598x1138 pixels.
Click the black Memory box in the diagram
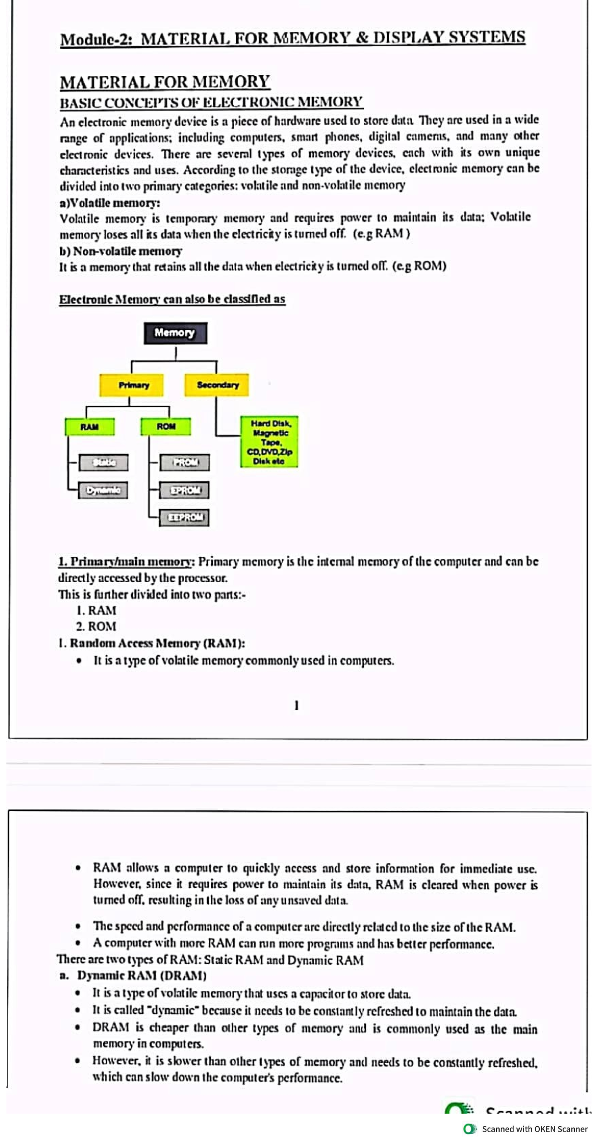175,333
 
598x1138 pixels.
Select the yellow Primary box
133,385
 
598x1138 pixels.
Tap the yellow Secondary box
217,385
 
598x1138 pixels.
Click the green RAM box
90,427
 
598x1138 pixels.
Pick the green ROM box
166,427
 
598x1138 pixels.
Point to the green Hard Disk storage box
269,442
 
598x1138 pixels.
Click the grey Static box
104,463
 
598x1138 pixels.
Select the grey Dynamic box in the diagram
103,490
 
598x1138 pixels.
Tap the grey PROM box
185,463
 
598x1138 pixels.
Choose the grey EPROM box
184,490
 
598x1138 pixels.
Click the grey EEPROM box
185,518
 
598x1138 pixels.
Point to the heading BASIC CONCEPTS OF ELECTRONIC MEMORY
211,103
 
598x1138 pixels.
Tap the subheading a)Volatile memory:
110,203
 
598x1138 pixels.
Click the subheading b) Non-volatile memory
121,251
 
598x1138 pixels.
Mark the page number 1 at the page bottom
297,705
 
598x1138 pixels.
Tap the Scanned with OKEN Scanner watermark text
534,1129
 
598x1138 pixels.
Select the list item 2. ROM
96,627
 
